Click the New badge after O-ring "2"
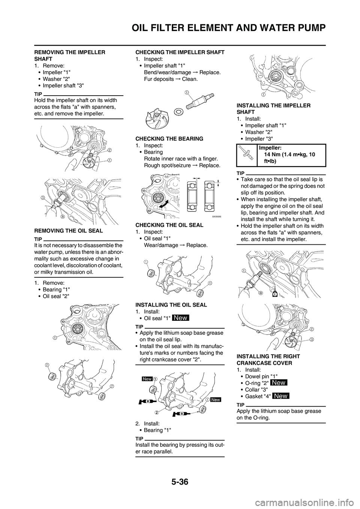279,383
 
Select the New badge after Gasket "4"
280,396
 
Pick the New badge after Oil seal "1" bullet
180,318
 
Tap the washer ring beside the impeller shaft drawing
179,111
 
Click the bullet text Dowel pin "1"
260,376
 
